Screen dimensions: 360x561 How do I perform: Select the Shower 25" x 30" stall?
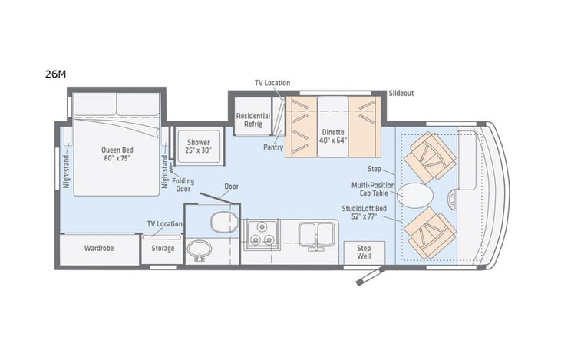click(198, 145)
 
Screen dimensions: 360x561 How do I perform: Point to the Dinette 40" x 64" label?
click(333, 136)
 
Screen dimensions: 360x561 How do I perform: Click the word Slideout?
click(401, 93)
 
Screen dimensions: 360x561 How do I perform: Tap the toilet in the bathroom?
click(224, 222)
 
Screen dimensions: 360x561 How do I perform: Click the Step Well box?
click(363, 253)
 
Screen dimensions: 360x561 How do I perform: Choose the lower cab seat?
click(430, 233)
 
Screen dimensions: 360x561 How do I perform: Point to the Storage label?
click(163, 248)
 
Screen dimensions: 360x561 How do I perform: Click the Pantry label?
click(272, 147)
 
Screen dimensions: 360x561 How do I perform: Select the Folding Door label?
click(182, 183)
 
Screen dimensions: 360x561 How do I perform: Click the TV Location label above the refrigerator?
click(272, 83)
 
